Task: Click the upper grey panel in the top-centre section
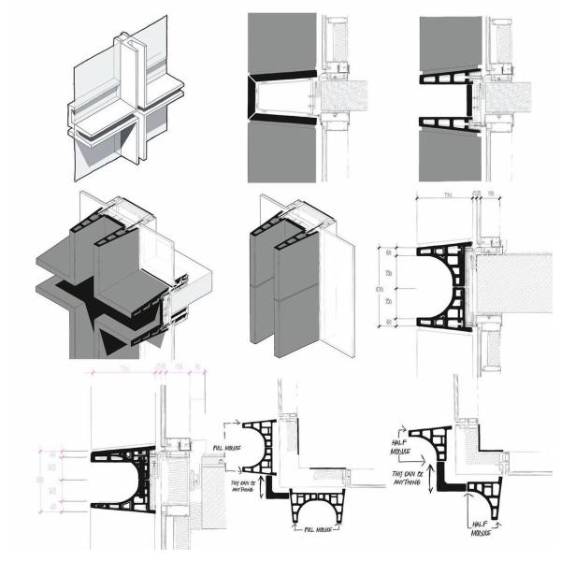click(x=280, y=42)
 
